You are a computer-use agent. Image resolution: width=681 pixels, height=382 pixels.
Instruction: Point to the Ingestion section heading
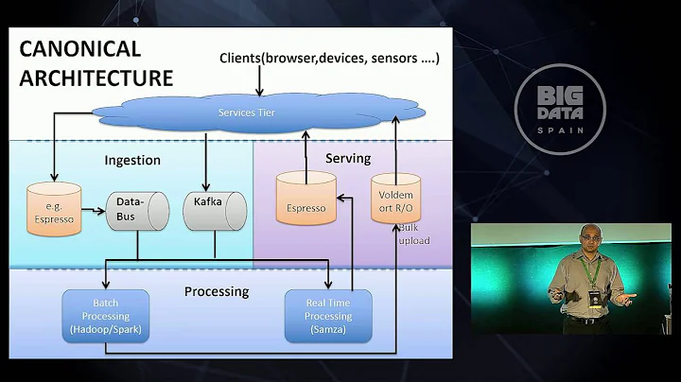click(x=132, y=161)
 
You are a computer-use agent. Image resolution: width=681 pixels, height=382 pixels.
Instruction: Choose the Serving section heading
click(x=348, y=158)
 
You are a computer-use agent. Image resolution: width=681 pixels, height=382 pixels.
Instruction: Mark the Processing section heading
click(x=217, y=291)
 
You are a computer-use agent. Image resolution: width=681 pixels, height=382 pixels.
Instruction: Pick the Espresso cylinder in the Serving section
click(x=306, y=200)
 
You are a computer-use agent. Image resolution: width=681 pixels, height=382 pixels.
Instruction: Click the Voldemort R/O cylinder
click(x=395, y=200)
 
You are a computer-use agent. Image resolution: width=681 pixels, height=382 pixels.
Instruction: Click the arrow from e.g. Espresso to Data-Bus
click(x=92, y=209)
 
